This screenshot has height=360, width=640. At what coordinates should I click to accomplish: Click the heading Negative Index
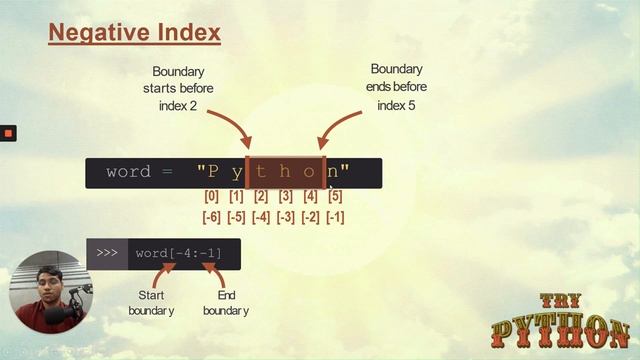pyautogui.click(x=135, y=34)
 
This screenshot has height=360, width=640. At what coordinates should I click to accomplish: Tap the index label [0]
pyautogui.click(x=211, y=197)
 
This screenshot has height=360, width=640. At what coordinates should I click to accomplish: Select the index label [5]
pyautogui.click(x=335, y=197)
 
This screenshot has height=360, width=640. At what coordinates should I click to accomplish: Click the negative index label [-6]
pyautogui.click(x=211, y=217)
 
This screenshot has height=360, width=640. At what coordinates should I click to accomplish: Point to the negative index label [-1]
pyautogui.click(x=335, y=217)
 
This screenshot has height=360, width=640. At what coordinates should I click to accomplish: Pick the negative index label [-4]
pyautogui.click(x=261, y=217)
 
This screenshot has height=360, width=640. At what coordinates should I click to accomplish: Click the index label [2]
pyautogui.click(x=261, y=197)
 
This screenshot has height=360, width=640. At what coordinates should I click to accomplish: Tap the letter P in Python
pyautogui.click(x=213, y=172)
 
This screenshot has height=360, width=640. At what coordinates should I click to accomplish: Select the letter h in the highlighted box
pyautogui.click(x=286, y=172)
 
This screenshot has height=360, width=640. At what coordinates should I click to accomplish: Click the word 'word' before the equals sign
pyautogui.click(x=128, y=172)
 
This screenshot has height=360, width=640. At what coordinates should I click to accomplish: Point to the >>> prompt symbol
pyautogui.click(x=107, y=253)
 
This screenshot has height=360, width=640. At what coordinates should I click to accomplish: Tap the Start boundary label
pyautogui.click(x=151, y=303)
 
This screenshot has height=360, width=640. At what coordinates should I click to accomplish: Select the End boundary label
pyautogui.click(x=226, y=303)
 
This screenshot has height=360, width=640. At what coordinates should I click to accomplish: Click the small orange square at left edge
pyautogui.click(x=8, y=133)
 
